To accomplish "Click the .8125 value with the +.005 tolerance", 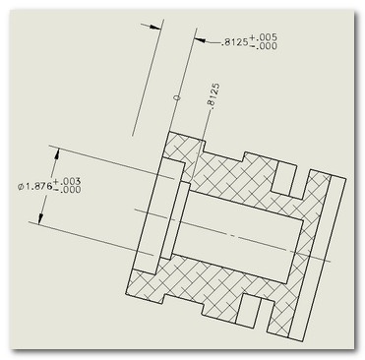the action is tap(235, 43).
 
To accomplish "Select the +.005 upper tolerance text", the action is tap(263, 37).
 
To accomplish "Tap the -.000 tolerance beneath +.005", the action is tap(263, 46).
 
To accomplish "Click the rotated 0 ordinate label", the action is tap(177, 97).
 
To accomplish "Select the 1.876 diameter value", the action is tap(38, 187).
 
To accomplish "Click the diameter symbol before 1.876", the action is tap(21, 187).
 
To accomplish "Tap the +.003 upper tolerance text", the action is tap(67, 181).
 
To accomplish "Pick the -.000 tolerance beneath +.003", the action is tap(67, 190).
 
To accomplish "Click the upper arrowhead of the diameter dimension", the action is tap(57, 153).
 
